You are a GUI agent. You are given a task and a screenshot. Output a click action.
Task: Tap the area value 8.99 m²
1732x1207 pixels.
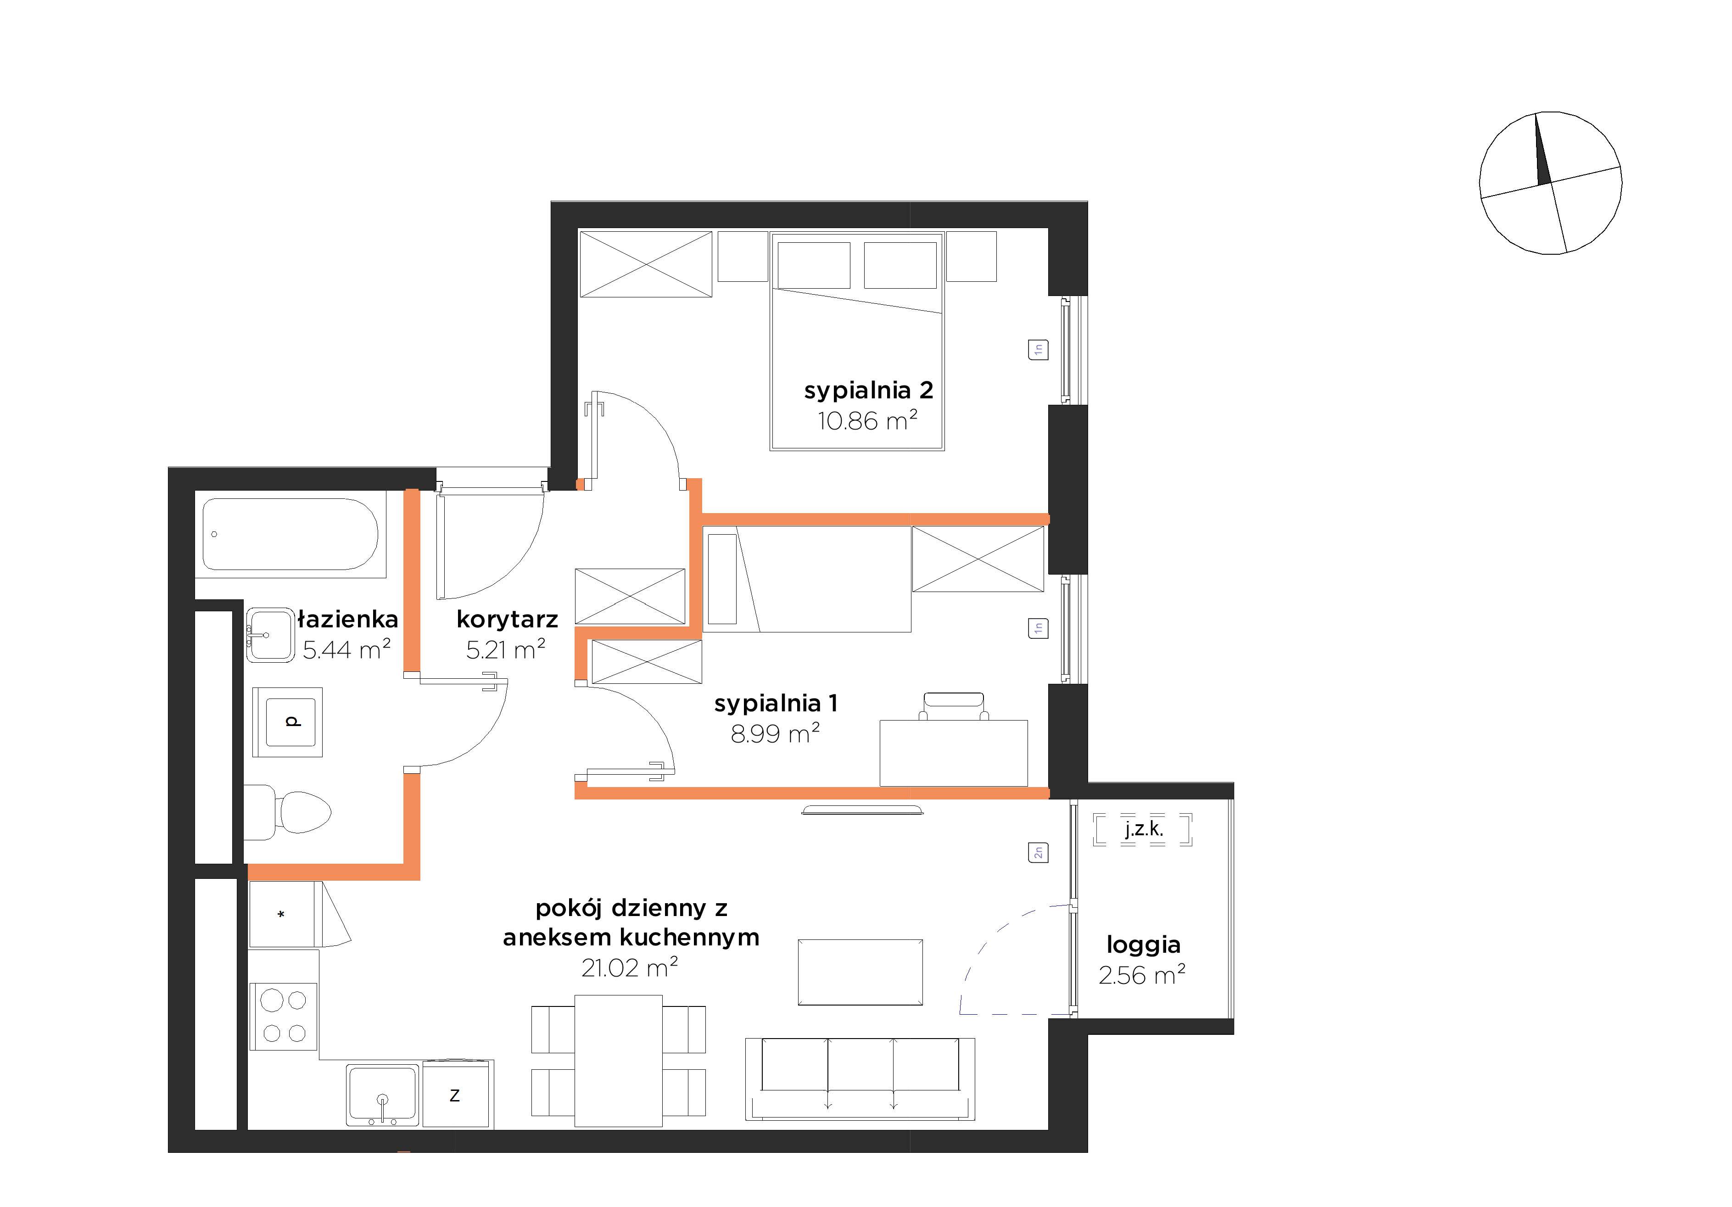pyautogui.click(x=775, y=733)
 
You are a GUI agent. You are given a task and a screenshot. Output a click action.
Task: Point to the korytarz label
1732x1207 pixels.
pyautogui.click(x=507, y=620)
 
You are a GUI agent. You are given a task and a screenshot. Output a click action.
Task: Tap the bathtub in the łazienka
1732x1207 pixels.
pyautogui.click(x=291, y=534)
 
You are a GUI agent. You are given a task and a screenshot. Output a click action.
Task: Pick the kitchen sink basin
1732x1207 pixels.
pyautogui.click(x=382, y=1095)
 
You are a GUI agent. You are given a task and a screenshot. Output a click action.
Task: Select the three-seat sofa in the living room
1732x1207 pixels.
pyautogui.click(x=860, y=1079)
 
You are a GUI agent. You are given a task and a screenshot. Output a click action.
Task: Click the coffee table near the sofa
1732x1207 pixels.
pyautogui.click(x=860, y=972)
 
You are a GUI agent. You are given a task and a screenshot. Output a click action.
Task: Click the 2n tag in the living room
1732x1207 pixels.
pyautogui.click(x=1038, y=852)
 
